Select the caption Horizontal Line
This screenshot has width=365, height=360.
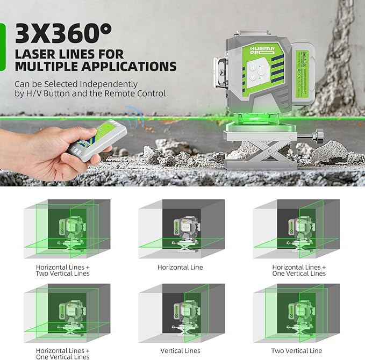[x=180, y=267]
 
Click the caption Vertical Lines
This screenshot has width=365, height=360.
[x=180, y=351]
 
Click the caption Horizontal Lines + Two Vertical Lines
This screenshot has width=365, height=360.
[x=63, y=270]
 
